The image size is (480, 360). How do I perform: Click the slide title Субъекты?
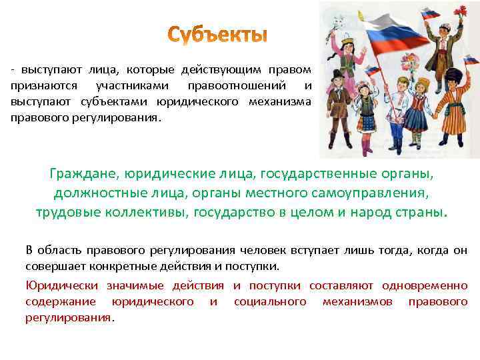click(x=217, y=35)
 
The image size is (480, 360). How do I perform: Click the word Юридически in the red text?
click(x=59, y=286)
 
